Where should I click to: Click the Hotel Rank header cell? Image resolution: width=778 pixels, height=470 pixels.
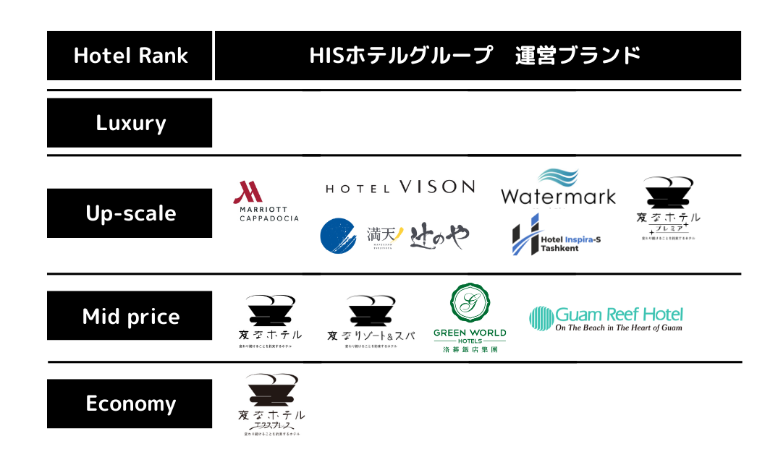[130, 56]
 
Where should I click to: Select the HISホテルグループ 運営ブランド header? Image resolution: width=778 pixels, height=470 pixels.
[477, 56]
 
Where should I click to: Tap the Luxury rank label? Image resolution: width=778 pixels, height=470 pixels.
[130, 123]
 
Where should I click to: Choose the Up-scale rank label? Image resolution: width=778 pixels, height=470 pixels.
[130, 213]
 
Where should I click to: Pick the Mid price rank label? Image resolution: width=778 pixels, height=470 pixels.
[130, 316]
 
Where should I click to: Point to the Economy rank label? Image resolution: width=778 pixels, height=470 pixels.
[130, 403]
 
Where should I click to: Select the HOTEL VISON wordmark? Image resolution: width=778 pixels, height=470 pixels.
[400, 187]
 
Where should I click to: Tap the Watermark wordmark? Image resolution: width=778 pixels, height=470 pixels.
[558, 196]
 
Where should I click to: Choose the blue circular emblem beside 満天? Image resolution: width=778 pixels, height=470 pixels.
[338, 236]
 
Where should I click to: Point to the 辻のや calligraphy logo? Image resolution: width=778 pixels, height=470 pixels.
[439, 236]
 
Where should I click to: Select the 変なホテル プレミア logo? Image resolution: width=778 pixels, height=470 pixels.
[669, 208]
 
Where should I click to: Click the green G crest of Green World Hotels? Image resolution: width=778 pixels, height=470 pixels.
[470, 303]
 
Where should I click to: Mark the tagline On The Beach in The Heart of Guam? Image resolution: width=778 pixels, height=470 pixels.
[619, 328]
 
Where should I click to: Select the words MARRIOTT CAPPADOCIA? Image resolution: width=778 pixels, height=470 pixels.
[268, 214]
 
